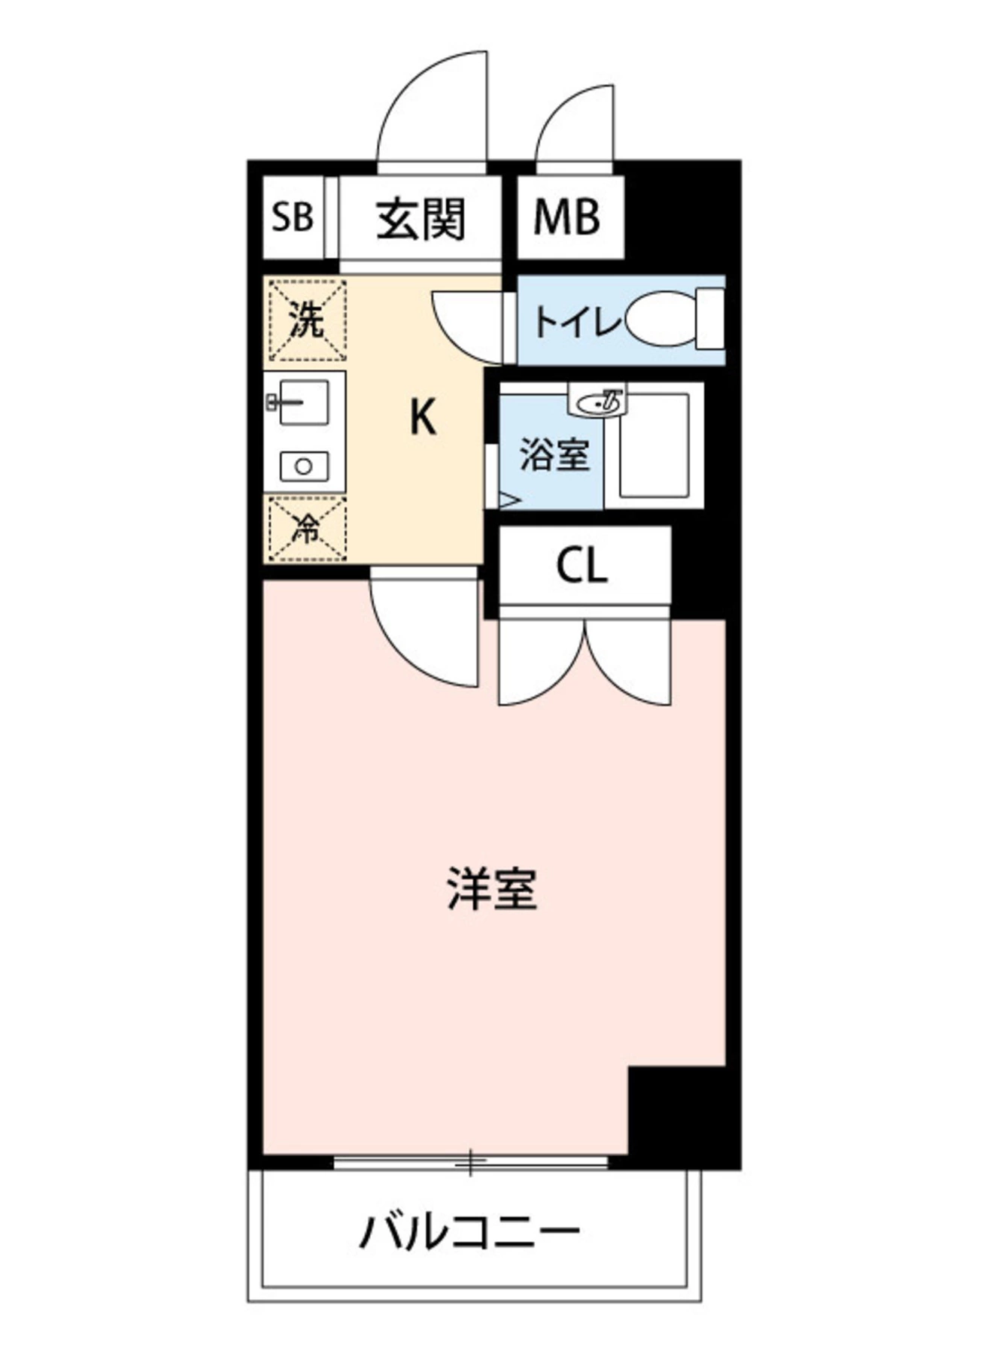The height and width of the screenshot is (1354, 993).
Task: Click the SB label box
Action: (293, 217)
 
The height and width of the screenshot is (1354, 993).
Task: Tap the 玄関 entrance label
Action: (421, 219)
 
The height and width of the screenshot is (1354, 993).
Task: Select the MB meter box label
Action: (567, 217)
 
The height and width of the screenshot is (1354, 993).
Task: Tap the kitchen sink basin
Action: (304, 402)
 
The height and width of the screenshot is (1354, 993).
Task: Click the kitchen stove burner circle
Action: (304, 466)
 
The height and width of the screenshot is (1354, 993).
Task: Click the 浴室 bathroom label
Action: (554, 454)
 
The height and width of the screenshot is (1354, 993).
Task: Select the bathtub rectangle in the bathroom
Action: (653, 445)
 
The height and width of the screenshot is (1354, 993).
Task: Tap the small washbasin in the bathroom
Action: (599, 401)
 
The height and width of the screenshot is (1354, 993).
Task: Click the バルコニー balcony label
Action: (469, 1231)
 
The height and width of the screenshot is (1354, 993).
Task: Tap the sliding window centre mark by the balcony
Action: (470, 1162)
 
